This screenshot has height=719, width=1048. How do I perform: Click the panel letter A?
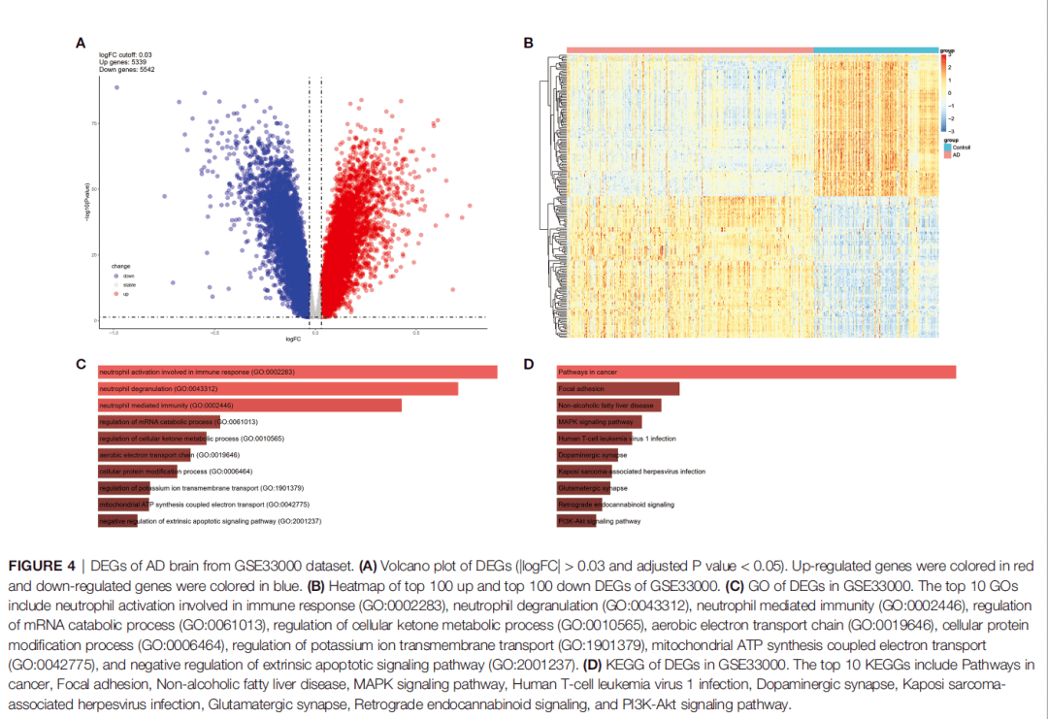[x=82, y=43]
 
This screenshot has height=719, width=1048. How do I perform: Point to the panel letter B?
[x=529, y=43]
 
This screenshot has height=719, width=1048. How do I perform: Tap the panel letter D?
[x=529, y=365]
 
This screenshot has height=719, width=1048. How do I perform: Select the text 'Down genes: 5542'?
[x=128, y=70]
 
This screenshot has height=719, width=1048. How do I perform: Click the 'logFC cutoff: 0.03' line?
[x=126, y=54]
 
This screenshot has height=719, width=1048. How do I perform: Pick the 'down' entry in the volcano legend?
[x=128, y=276]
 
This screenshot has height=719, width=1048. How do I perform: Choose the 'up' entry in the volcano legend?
[x=125, y=293]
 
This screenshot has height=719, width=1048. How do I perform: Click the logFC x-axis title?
[x=292, y=339]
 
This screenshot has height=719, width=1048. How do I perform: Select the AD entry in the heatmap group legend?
[x=956, y=155]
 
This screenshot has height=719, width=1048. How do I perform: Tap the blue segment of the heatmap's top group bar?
[x=874, y=49]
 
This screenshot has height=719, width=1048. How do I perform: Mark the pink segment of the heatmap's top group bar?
[x=689, y=49]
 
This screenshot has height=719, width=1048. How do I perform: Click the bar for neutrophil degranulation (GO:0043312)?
[x=278, y=389]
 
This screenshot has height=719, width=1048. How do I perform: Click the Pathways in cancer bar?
[x=756, y=373]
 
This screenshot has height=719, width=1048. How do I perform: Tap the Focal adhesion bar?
[x=617, y=389]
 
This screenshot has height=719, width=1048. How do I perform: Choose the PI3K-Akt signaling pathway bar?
[x=577, y=521]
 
